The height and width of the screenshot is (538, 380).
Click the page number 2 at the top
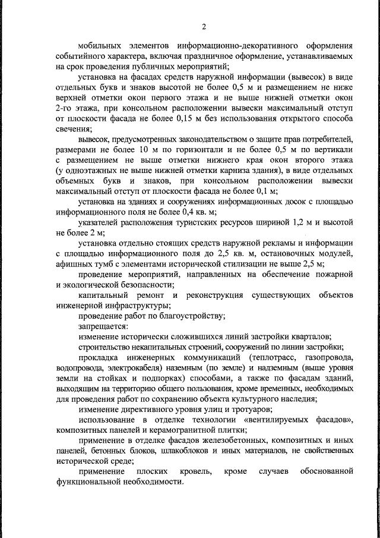click(203, 26)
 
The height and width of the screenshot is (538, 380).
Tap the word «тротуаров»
click(248, 410)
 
